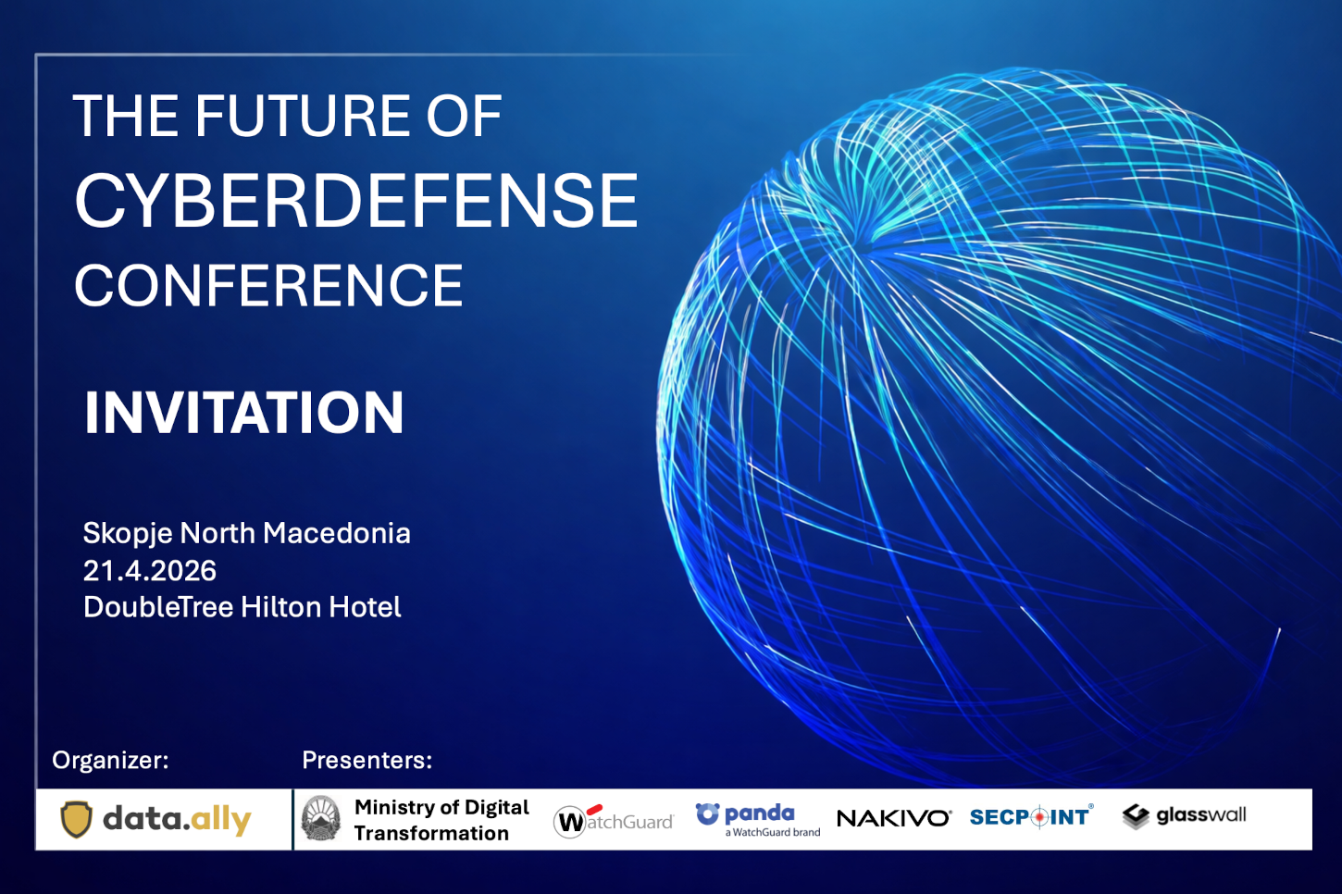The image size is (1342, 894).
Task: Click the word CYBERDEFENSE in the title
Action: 356,200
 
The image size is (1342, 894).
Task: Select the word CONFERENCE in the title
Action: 268,285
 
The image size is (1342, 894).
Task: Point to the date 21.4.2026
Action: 150,570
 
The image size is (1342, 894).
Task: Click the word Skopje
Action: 128,534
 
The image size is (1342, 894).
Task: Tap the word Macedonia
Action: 337,533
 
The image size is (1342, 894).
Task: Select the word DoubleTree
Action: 158,607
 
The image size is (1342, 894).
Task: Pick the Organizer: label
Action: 110,760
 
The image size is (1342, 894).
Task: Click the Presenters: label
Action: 367,760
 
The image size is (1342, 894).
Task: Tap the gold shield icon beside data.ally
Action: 77,819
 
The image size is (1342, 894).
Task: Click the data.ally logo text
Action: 177,819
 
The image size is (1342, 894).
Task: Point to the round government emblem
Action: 321,818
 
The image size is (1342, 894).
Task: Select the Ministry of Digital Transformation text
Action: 441,820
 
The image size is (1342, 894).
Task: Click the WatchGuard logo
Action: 614,821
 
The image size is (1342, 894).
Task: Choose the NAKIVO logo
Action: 894,818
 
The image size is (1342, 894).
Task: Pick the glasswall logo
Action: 1184,815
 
